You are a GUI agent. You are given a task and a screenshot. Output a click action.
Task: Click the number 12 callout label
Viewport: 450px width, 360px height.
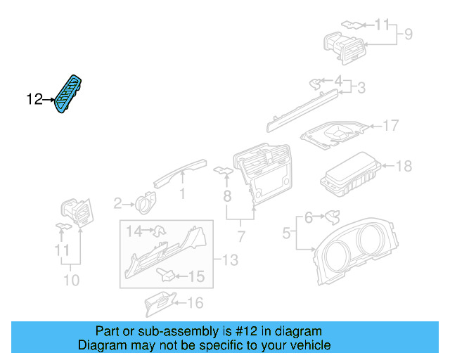tap(34, 100)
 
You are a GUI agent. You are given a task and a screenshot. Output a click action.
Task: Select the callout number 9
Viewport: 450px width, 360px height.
tap(408, 34)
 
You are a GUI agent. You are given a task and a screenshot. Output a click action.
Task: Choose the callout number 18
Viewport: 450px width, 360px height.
tap(404, 167)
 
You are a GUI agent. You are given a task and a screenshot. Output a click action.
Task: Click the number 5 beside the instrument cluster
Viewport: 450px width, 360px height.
tap(287, 232)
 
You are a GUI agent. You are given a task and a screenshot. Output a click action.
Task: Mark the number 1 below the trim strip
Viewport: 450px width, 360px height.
tap(182, 192)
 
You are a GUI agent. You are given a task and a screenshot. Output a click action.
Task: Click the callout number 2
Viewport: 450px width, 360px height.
tap(117, 204)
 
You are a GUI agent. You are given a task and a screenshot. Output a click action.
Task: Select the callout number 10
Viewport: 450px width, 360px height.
tap(71, 281)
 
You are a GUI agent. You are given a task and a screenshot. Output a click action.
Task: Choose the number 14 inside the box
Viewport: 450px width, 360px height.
tap(134, 230)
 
